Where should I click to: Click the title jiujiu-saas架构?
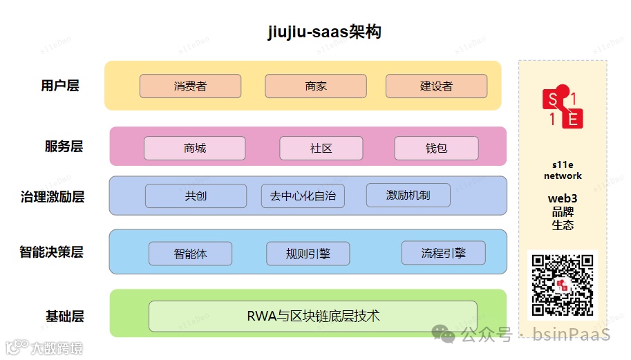pyautogui.click(x=324, y=32)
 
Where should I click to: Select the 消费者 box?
pyautogui.click(x=190, y=86)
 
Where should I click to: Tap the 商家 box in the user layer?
pyautogui.click(x=315, y=86)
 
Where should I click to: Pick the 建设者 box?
pyautogui.click(x=436, y=86)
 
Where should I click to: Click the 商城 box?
pyautogui.click(x=194, y=148)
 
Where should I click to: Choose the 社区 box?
pyautogui.click(x=321, y=148)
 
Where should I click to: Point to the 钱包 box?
pyautogui.click(x=436, y=148)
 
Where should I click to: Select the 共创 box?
pyautogui.click(x=196, y=196)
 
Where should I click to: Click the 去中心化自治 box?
pyautogui.click(x=303, y=196)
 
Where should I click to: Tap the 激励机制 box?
pyautogui.click(x=408, y=195)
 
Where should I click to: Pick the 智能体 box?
pyautogui.click(x=190, y=254)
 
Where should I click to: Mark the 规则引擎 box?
pyautogui.click(x=308, y=254)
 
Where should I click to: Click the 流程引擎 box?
pyautogui.click(x=443, y=253)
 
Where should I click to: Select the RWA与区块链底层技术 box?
pyautogui.click(x=312, y=316)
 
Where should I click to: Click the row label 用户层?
pyautogui.click(x=60, y=86)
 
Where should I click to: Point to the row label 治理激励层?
pyautogui.click(x=53, y=197)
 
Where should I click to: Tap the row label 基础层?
pyautogui.click(x=64, y=316)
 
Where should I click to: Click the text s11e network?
pyautogui.click(x=563, y=171)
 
